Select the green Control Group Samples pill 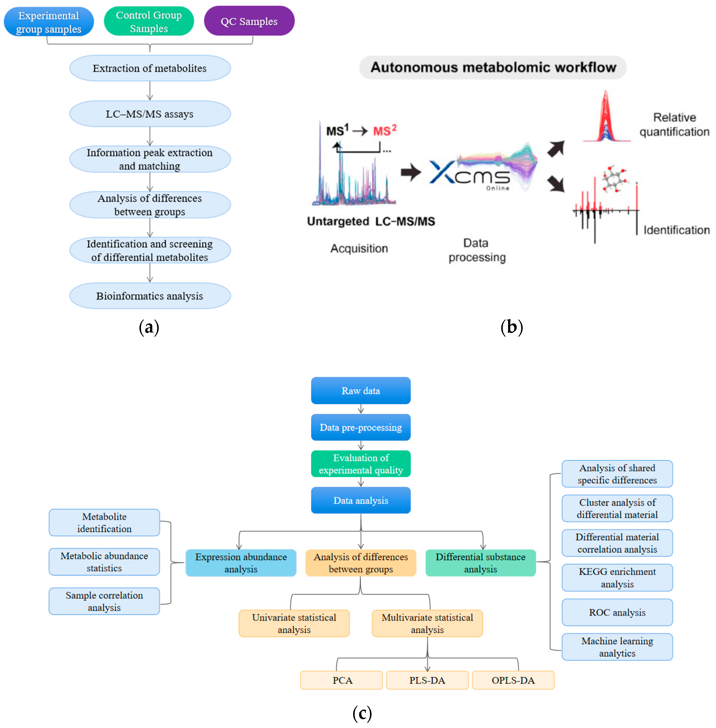click(149, 22)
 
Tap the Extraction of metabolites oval click(150, 68)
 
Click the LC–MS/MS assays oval click(150, 114)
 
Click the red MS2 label click(384, 131)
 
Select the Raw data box click(361, 390)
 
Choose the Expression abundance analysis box click(241, 563)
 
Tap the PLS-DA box click(427, 680)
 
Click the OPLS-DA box click(513, 680)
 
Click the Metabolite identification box click(104, 522)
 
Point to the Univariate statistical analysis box click(294, 623)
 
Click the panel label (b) click(511, 327)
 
